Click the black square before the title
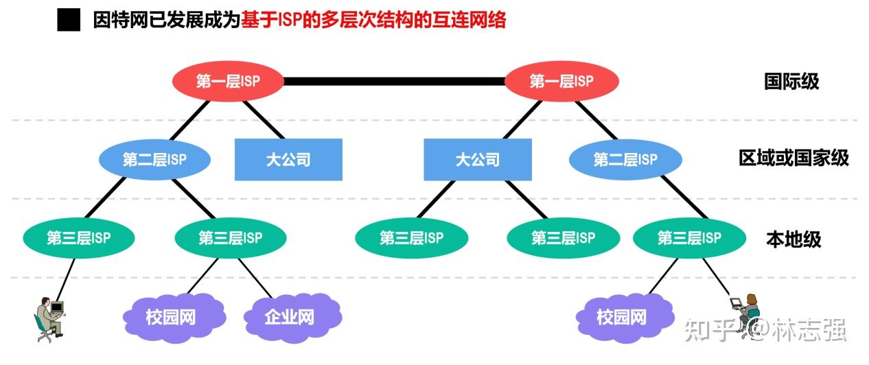tap(69, 21)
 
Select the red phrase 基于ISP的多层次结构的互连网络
tap(374, 21)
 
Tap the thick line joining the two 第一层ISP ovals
tap(395, 82)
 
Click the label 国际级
tap(791, 82)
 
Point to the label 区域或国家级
tap(793, 158)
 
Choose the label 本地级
tap(793, 239)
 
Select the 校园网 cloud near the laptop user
tap(621, 318)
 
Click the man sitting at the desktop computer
tap(49, 318)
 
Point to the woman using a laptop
tap(746, 312)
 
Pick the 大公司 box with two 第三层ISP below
tap(477, 160)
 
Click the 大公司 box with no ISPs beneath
tap(288, 160)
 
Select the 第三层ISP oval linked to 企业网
tap(230, 238)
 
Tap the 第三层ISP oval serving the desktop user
tap(78, 238)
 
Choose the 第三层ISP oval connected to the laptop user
tap(689, 238)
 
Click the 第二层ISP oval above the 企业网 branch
tap(154, 160)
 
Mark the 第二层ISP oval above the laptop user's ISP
tap(625, 160)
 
